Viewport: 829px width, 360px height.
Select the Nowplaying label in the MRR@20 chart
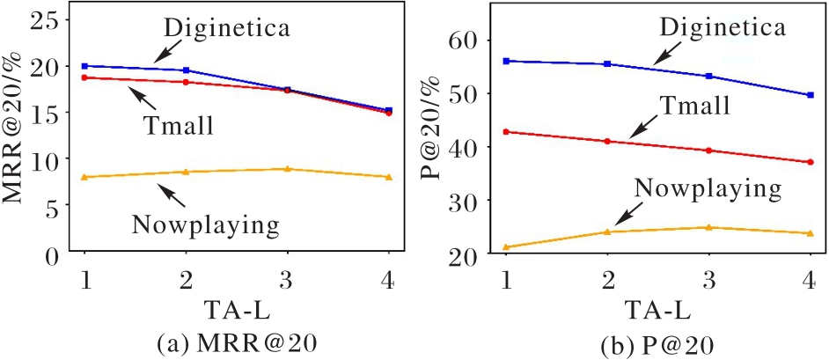211,224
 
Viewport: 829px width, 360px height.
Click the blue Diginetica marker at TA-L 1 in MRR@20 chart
84,66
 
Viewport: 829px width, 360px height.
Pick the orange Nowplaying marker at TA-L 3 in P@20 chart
708,227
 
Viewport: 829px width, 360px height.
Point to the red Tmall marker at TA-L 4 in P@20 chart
810,162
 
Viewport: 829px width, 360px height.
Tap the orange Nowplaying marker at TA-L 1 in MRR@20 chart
84,177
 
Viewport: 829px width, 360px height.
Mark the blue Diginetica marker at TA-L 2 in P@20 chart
607,63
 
